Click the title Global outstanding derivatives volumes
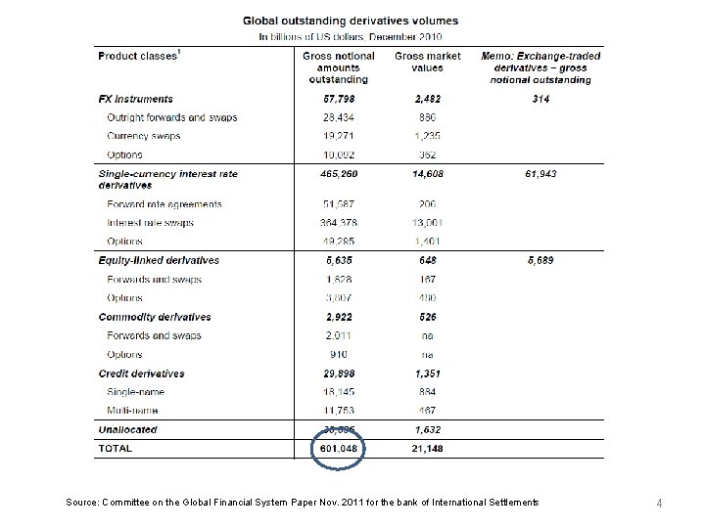(350, 21)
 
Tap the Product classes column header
(138, 57)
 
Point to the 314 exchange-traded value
(541, 99)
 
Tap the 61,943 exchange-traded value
(541, 173)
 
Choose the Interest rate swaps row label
(151, 223)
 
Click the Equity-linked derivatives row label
(159, 261)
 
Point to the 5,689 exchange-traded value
(541, 261)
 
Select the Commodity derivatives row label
(155, 317)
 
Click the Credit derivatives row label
(141, 374)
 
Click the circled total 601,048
(337, 449)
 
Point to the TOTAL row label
(116, 449)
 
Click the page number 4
(660, 504)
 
